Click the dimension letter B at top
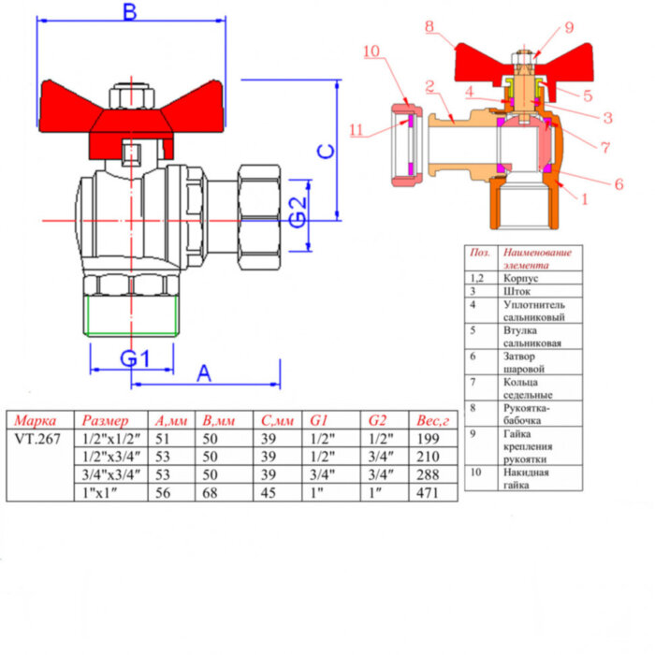pyautogui.click(x=130, y=12)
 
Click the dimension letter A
pyautogui.click(x=203, y=372)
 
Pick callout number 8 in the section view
pyautogui.click(x=429, y=27)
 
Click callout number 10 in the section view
pyautogui.click(x=373, y=52)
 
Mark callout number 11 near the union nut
pyautogui.click(x=357, y=130)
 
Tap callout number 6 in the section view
pyautogui.click(x=618, y=184)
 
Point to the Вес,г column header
pyautogui.click(x=435, y=420)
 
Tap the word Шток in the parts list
pyautogui.click(x=517, y=291)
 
